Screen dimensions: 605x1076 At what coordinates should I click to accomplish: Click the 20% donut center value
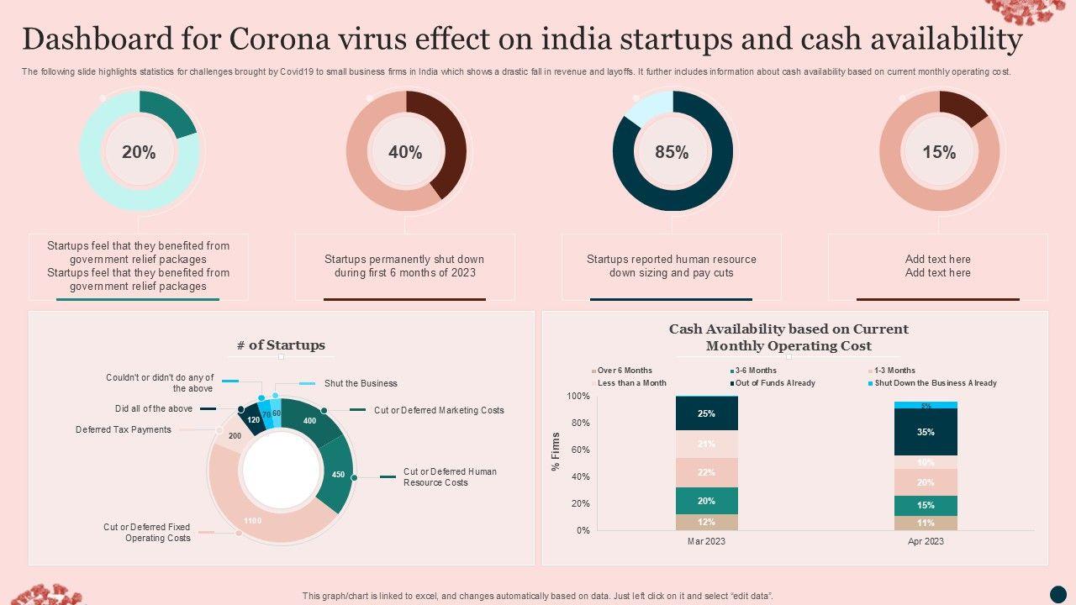coord(139,152)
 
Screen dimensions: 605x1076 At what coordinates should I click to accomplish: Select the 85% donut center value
coord(672,152)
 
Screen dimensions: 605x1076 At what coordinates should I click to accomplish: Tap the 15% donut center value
coord(939,152)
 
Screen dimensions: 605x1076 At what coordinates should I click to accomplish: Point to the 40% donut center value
coord(405,152)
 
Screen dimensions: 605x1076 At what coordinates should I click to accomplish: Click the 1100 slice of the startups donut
coord(252,520)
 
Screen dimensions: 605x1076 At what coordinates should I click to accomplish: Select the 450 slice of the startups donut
coord(338,474)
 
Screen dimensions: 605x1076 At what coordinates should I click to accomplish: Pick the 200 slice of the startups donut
coord(235,436)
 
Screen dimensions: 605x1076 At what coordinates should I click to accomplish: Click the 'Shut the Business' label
coord(361,383)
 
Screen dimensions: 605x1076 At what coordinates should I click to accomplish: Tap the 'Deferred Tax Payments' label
coord(123,429)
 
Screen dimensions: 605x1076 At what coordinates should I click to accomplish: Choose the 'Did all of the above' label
coord(154,408)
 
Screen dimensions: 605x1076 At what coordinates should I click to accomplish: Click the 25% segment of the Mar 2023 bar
coord(706,413)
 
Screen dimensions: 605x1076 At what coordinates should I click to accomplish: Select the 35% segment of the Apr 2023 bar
coord(926,432)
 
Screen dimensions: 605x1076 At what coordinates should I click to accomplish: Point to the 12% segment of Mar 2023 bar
coord(706,522)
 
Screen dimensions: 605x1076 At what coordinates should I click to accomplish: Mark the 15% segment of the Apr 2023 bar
coord(926,505)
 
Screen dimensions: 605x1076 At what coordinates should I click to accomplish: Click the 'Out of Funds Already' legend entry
coord(773,383)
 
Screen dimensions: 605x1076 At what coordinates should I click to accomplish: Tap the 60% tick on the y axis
coord(578,450)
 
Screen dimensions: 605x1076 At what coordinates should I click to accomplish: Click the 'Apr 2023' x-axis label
coord(926,541)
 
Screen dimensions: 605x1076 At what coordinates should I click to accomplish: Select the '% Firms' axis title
coord(556,451)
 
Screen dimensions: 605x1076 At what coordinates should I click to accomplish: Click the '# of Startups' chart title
coord(281,345)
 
